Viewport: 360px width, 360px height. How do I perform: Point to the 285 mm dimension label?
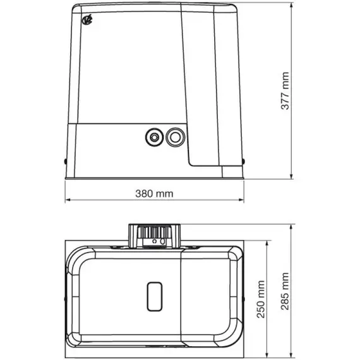[x=285, y=292]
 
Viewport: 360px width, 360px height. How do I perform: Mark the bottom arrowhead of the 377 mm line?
[x=292, y=178]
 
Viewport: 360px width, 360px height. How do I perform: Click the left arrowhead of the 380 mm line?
[x=68, y=201]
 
